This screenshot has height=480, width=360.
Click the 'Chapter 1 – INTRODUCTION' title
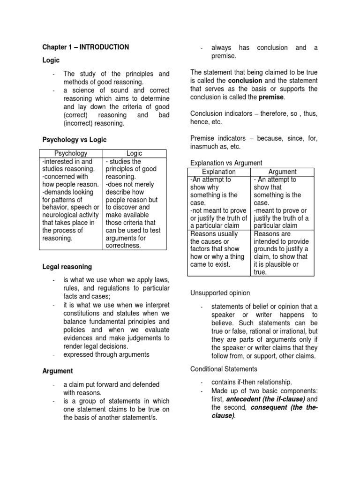click(85, 47)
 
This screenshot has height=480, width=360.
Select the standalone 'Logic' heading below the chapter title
click(51, 60)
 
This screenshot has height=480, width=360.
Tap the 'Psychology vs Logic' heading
click(75, 140)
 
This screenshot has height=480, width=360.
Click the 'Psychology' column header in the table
click(71, 153)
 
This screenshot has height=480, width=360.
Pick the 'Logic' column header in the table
click(134, 153)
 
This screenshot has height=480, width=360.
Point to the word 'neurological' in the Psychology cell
click(61, 215)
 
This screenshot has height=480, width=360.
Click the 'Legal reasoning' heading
click(67, 267)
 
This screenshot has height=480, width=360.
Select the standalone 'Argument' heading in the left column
click(58, 371)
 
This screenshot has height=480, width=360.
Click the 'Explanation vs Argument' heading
click(226, 163)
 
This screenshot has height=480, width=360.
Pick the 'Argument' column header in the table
click(283, 172)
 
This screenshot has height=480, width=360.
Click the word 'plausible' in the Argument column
click(277, 264)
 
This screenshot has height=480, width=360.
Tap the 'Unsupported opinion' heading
click(220, 293)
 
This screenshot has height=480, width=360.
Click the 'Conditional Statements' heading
click(224, 369)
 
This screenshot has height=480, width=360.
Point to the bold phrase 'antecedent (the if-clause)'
click(265, 399)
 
